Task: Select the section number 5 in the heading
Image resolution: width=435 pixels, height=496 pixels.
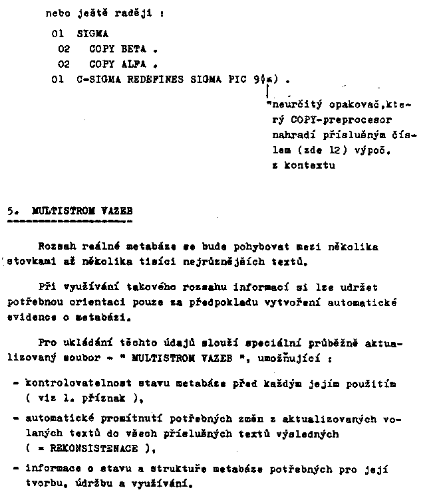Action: coord(16,210)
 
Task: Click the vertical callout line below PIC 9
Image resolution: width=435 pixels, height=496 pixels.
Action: coord(267,90)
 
